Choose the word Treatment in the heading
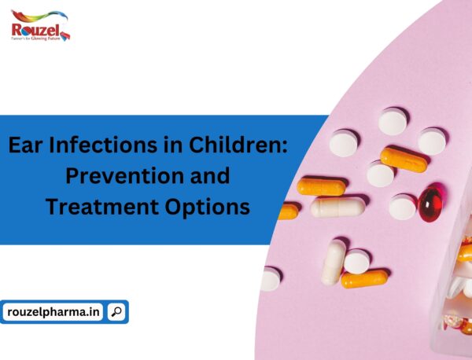pyautogui.click(x=96, y=206)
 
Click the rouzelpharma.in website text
pyautogui.click(x=54, y=312)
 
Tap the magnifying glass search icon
pyautogui.click(x=116, y=312)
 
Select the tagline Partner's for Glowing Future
pyautogui.click(x=36, y=39)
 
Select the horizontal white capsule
pyautogui.click(x=338, y=208)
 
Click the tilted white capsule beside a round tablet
pyautogui.click(x=334, y=261)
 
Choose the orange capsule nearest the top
pyautogui.click(x=404, y=159)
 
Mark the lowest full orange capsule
pyautogui.click(x=364, y=278)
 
